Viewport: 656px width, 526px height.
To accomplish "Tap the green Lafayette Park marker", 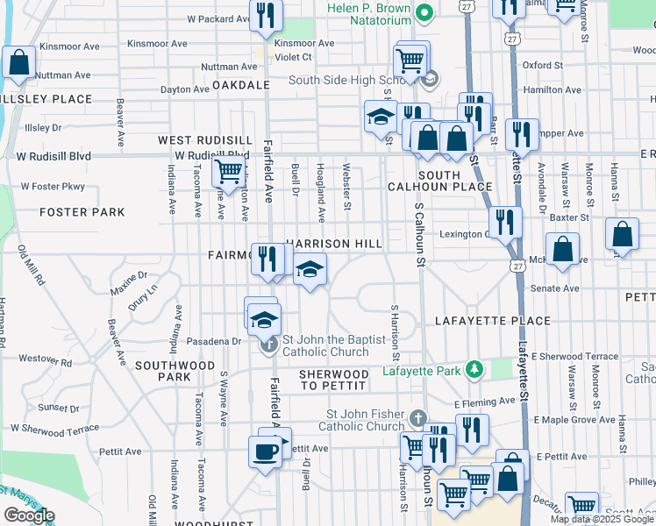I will coord(474,370).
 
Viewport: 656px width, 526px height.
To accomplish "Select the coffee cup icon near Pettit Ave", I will coord(266,452).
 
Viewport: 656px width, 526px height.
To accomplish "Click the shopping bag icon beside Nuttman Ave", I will coord(18,64).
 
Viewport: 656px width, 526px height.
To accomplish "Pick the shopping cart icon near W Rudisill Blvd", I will coord(228,171).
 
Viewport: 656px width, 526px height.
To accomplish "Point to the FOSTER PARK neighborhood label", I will coord(82,212).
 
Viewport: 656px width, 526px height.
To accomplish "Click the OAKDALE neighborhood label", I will coord(239,85).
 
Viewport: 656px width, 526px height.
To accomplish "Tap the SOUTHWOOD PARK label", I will coord(162,370).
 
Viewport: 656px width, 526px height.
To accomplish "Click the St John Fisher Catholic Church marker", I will coord(419,418).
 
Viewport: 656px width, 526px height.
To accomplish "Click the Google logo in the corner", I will coord(29,515).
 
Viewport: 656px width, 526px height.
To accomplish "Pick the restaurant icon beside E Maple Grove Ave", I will coord(472,430).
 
